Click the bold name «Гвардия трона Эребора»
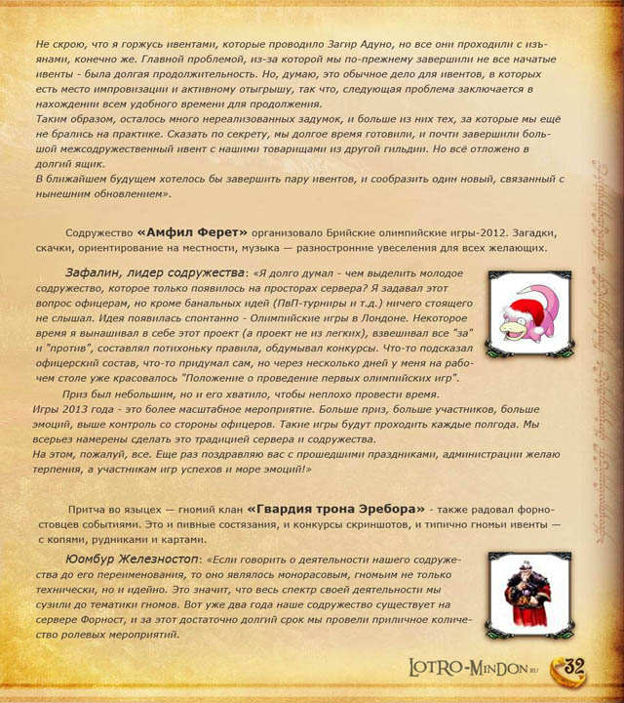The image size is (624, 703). tap(336, 509)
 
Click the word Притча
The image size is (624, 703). tap(93, 510)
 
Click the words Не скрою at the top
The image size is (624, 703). tap(59, 46)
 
